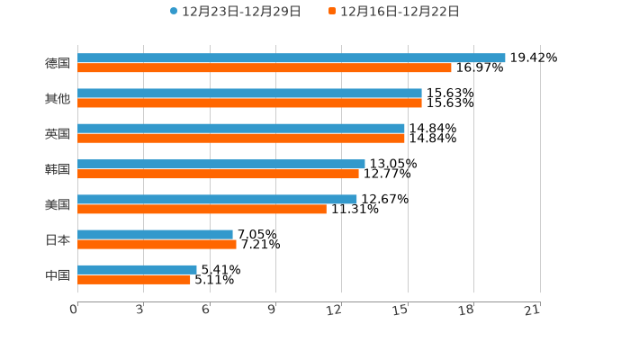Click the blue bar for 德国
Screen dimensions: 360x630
click(x=291, y=58)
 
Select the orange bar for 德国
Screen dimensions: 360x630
click(x=265, y=67)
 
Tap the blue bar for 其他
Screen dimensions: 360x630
click(x=249, y=93)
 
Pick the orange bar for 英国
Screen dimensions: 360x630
click(x=241, y=139)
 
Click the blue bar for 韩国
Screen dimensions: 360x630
click(x=220, y=164)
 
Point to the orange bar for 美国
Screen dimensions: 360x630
click(x=202, y=209)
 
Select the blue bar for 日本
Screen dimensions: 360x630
click(x=155, y=234)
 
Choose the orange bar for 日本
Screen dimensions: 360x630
click(x=157, y=244)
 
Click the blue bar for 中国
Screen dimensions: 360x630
click(x=137, y=269)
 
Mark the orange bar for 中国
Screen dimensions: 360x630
click(x=134, y=279)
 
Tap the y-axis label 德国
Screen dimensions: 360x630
click(x=58, y=63)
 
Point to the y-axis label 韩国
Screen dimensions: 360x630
click(x=58, y=169)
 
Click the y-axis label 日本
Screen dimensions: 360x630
click(x=58, y=239)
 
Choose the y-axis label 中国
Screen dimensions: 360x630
click(x=58, y=274)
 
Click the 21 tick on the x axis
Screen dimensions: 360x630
click(x=532, y=310)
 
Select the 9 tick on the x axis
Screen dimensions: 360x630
click(x=272, y=310)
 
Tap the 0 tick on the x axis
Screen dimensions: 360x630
click(x=74, y=310)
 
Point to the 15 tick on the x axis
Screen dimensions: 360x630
click(x=400, y=310)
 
